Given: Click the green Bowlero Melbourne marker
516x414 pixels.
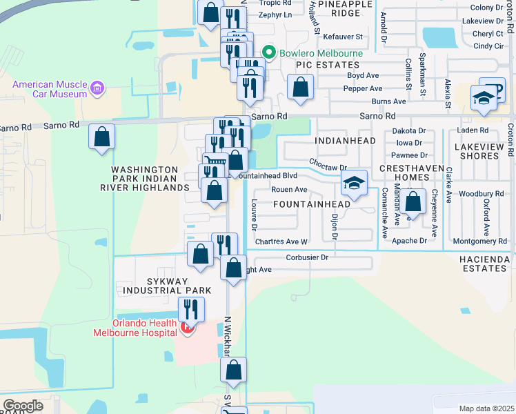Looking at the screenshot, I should [268, 53].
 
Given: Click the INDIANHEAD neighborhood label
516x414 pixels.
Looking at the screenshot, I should [345, 141].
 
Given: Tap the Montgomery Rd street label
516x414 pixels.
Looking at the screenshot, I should [479, 241].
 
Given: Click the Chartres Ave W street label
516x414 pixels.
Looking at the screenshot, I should [281, 241].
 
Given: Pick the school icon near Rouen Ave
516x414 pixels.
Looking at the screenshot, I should [354, 184].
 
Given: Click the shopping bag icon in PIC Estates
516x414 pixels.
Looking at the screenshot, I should [300, 87].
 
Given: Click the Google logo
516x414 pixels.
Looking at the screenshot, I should [23, 406].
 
